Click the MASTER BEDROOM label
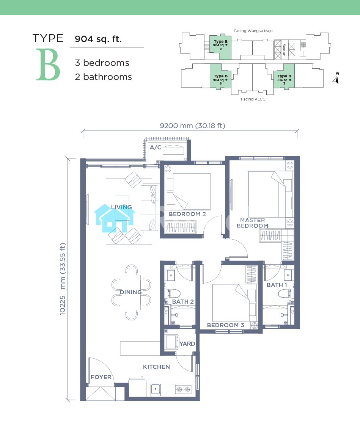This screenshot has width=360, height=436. click(x=252, y=223)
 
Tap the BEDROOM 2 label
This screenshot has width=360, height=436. click(x=187, y=214)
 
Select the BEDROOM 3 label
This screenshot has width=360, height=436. click(x=226, y=325)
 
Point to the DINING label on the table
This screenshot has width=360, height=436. click(x=131, y=292)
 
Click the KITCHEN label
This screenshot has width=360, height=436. click(x=156, y=367)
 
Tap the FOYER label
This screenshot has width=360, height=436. click(x=101, y=377)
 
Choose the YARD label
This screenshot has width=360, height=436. click(x=187, y=344)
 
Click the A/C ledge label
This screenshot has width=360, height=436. click(x=156, y=147)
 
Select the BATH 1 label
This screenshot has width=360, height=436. click(x=277, y=285)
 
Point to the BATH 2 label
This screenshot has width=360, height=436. click(x=183, y=302)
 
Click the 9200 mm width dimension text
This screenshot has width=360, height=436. click(x=193, y=126)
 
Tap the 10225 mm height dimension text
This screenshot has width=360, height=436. click(x=63, y=279)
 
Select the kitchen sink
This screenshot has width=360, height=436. click(x=156, y=389)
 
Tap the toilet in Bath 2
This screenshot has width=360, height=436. click(x=172, y=293)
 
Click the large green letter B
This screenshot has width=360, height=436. click(x=48, y=65)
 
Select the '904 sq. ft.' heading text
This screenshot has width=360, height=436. click(x=98, y=39)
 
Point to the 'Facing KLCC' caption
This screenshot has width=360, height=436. click(x=253, y=99)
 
